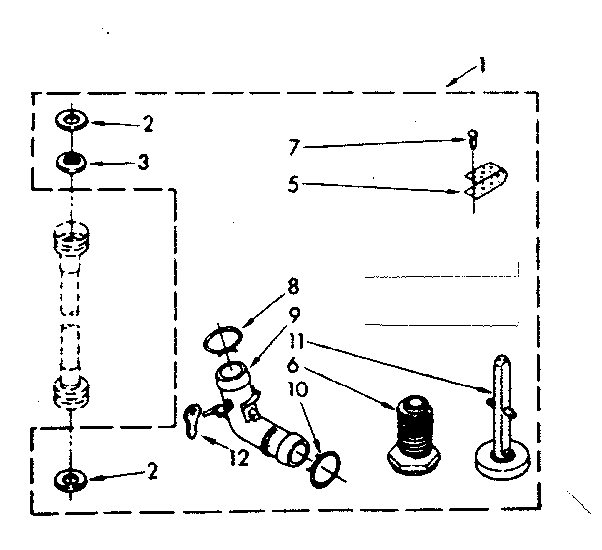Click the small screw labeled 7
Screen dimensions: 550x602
(474, 138)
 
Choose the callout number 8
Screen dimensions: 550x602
(292, 288)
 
